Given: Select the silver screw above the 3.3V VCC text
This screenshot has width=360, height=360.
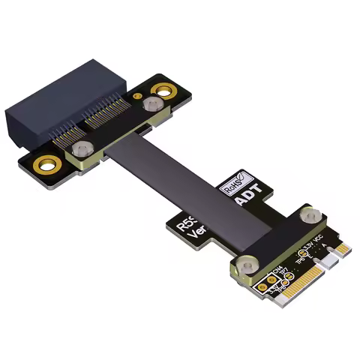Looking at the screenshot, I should pos(308,217).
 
